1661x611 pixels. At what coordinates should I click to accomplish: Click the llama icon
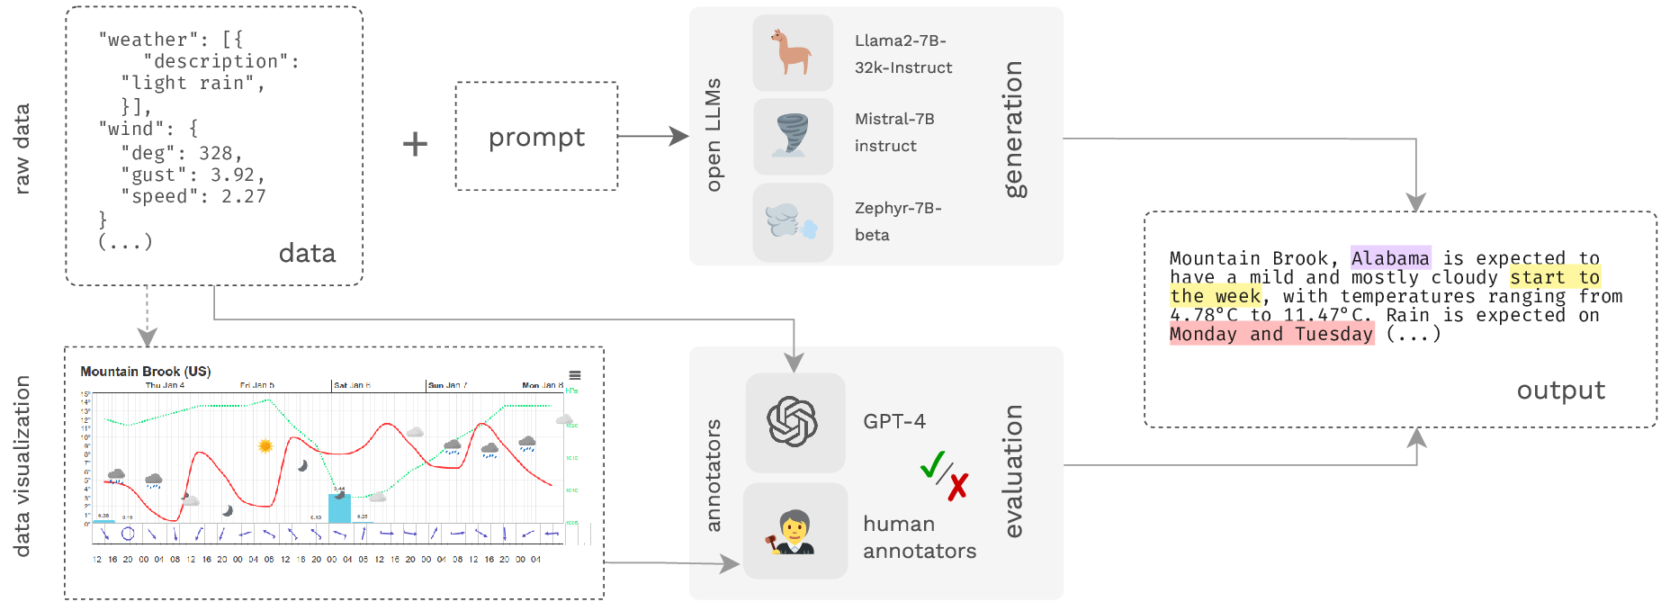792,52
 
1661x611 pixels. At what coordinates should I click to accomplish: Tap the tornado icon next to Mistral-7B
792,136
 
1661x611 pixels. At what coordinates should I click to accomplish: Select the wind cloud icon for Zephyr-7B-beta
792,221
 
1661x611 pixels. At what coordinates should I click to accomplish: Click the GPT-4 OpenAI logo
793,421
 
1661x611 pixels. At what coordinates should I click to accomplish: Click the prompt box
536,137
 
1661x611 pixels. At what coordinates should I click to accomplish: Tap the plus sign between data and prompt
415,144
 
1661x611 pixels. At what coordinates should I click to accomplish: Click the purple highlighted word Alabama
1390,258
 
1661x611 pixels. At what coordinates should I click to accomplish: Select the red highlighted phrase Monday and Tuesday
1271,334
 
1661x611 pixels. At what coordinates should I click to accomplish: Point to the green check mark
933,464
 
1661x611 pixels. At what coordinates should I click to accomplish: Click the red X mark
958,487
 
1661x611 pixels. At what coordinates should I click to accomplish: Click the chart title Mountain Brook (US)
145,371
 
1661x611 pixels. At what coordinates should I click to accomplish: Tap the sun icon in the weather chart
265,445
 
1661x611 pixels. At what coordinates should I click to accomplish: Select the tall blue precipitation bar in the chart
339,508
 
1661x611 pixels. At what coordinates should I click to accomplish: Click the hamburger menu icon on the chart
575,375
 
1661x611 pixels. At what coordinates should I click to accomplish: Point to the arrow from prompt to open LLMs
653,137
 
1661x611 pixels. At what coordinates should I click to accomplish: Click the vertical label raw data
22,148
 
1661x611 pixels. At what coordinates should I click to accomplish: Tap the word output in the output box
1560,391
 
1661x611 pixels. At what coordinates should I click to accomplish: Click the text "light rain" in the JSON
193,84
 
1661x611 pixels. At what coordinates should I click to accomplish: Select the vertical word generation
1014,130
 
